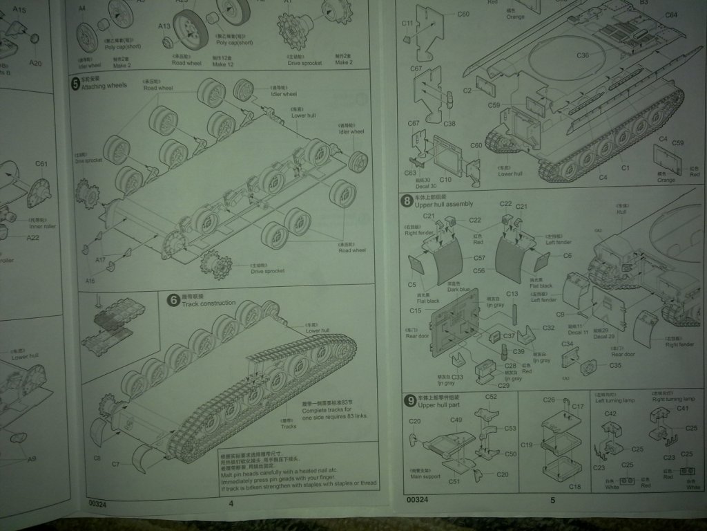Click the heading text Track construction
tap(210, 303)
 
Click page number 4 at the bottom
tap(231, 503)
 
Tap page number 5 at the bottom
tap(552, 500)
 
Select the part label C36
tap(583, 55)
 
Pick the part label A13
tap(164, 26)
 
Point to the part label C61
tap(41, 164)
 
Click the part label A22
tap(33, 238)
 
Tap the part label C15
tap(415, 310)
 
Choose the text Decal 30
tap(428, 186)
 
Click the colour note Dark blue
tap(458, 290)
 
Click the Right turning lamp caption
tap(671, 400)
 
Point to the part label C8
tap(97, 458)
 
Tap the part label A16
tap(90, 281)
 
